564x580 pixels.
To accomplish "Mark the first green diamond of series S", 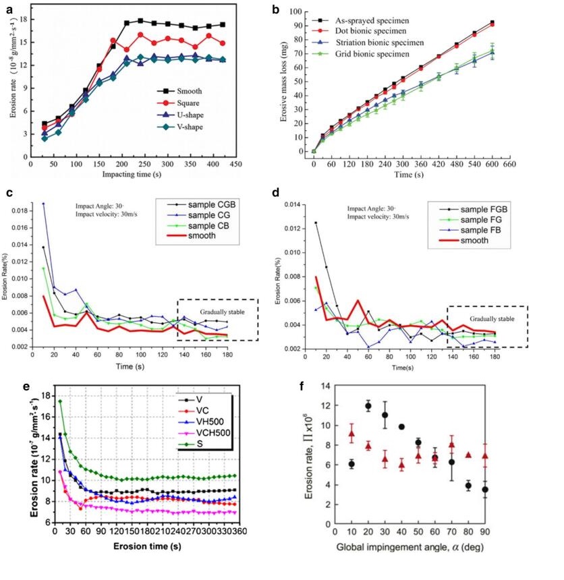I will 60,402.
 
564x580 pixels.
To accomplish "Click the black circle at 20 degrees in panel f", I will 368,406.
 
